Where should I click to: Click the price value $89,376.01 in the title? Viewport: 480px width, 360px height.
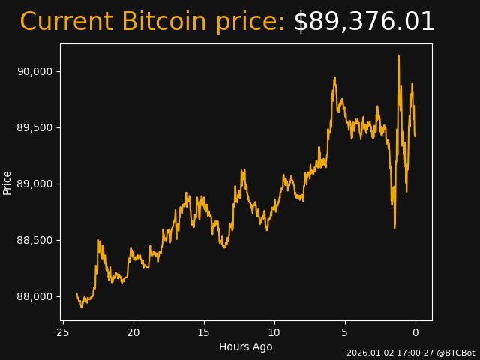[364, 22]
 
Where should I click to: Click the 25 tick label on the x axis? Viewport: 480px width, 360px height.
[63, 332]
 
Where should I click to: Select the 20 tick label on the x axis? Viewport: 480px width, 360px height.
[133, 332]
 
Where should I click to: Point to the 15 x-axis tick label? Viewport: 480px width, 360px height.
[204, 332]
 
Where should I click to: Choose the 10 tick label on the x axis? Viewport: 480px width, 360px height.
[274, 332]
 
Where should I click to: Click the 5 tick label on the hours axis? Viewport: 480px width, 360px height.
[345, 332]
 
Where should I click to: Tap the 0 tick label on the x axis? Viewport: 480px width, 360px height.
[415, 332]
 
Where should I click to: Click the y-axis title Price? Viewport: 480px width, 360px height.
[7, 182]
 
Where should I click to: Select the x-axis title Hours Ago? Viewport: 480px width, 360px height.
[246, 346]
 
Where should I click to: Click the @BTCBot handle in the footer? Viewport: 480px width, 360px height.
[455, 352]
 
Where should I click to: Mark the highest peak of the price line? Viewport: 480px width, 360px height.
[398, 56]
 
